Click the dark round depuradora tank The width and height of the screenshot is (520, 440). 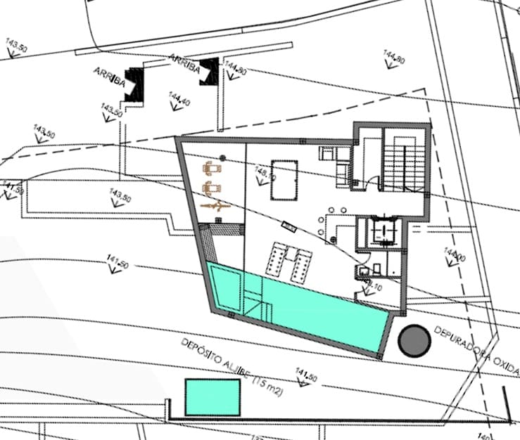(414, 340)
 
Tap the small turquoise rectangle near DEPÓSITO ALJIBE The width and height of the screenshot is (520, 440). (213, 397)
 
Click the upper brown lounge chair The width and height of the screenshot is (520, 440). (213, 169)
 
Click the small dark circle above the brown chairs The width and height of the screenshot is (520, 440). (222, 157)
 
